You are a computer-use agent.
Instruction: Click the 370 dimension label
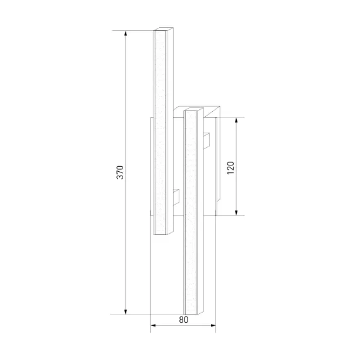click(x=120, y=172)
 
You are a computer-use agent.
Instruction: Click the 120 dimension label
click(x=231, y=168)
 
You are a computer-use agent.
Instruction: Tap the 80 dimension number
click(x=184, y=320)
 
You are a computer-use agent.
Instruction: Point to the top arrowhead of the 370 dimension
click(x=125, y=33)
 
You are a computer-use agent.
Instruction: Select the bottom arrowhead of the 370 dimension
click(x=125, y=312)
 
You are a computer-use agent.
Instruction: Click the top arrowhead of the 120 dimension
click(x=236, y=121)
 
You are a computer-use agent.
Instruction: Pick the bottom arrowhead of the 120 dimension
click(x=236, y=213)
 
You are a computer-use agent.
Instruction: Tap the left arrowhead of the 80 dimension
click(x=153, y=325)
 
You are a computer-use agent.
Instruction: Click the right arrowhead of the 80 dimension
click(x=213, y=325)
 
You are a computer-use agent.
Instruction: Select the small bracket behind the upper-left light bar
click(x=176, y=197)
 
